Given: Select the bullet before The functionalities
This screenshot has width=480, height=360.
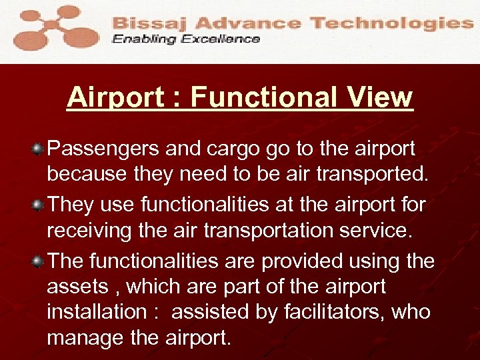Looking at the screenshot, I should coord(39,261).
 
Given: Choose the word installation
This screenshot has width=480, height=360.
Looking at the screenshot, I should coord(95,313).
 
